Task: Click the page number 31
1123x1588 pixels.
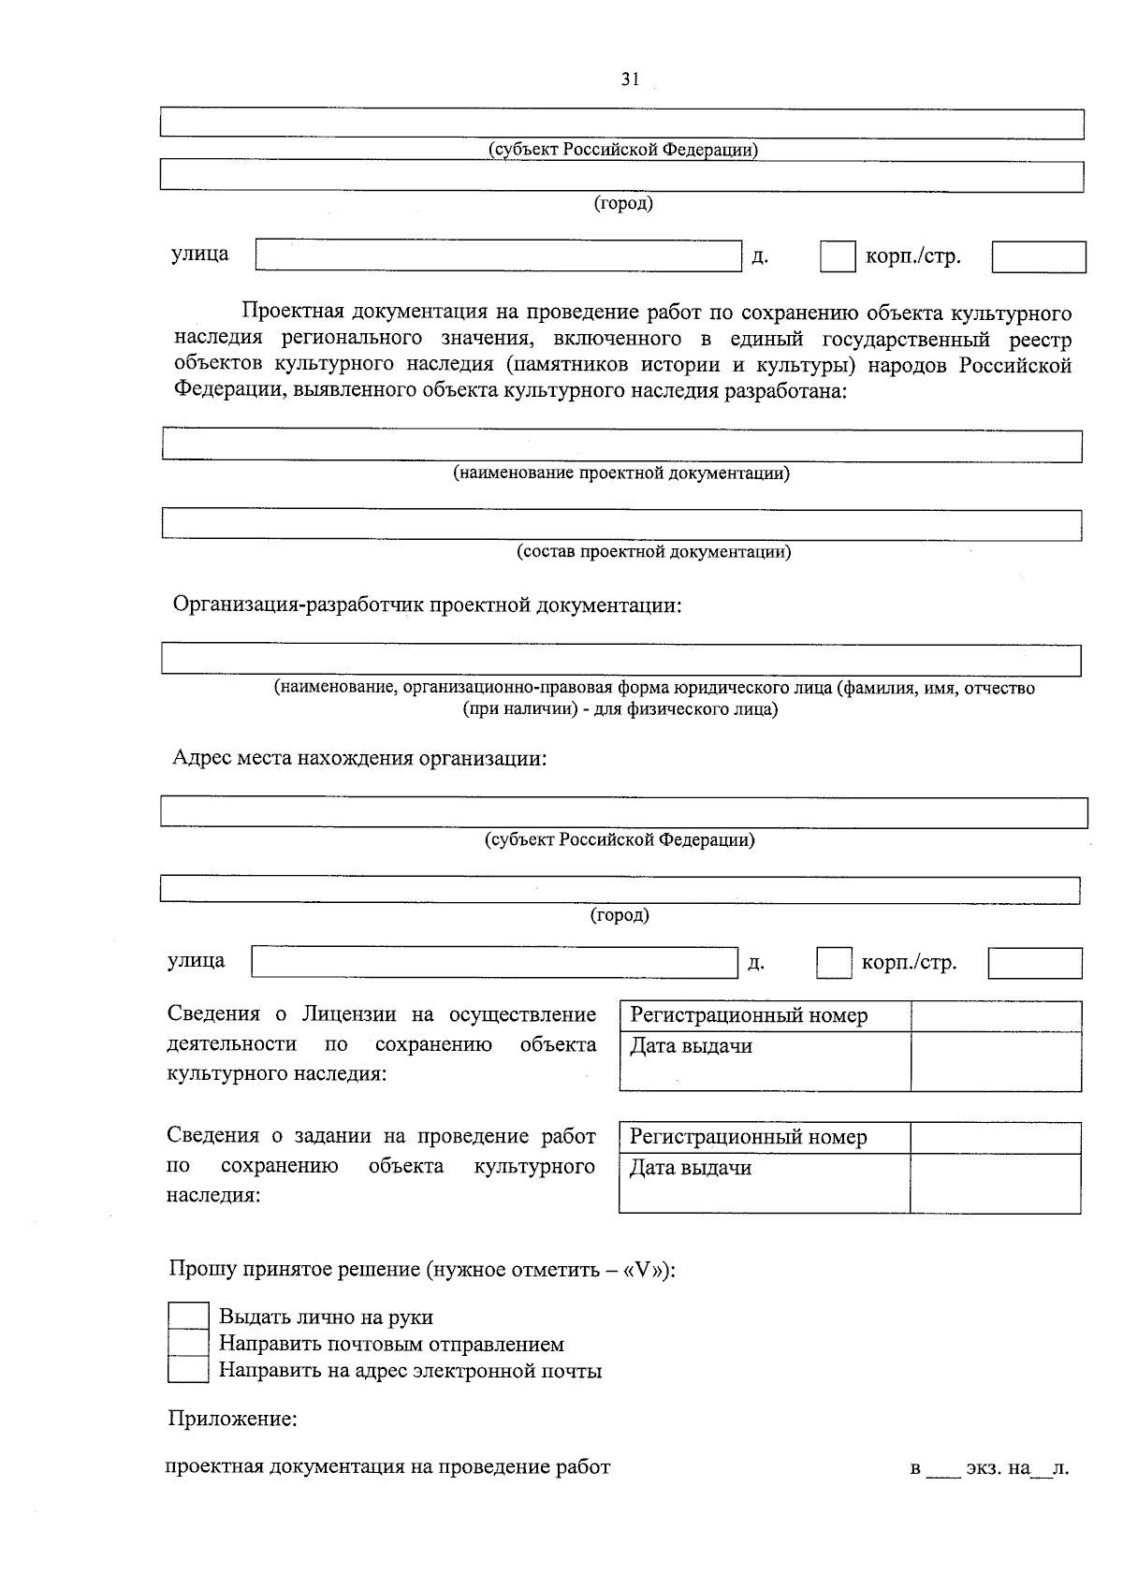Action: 630,80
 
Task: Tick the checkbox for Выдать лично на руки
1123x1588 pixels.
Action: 187,1316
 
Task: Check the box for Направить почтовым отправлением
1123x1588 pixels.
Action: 187,1343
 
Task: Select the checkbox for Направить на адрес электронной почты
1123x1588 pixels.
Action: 187,1370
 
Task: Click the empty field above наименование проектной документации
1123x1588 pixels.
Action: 621,445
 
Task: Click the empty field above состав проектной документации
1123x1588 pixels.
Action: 621,524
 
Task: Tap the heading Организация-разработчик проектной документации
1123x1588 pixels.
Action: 427,605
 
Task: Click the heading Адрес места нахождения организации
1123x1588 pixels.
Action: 358,757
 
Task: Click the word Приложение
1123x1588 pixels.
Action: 232,1419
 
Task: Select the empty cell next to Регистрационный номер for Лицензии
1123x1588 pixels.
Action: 996,1016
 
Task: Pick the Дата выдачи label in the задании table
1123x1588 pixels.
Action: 691,1168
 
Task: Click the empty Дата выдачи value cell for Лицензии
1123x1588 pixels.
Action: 996,1061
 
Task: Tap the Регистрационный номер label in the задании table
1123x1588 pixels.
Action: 748,1137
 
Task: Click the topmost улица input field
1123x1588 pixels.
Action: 498,255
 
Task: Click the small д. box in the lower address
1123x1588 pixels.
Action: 833,963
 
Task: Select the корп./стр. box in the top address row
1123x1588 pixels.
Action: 1038,256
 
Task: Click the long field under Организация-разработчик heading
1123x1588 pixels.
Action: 621,660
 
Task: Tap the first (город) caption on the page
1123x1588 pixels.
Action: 623,203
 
